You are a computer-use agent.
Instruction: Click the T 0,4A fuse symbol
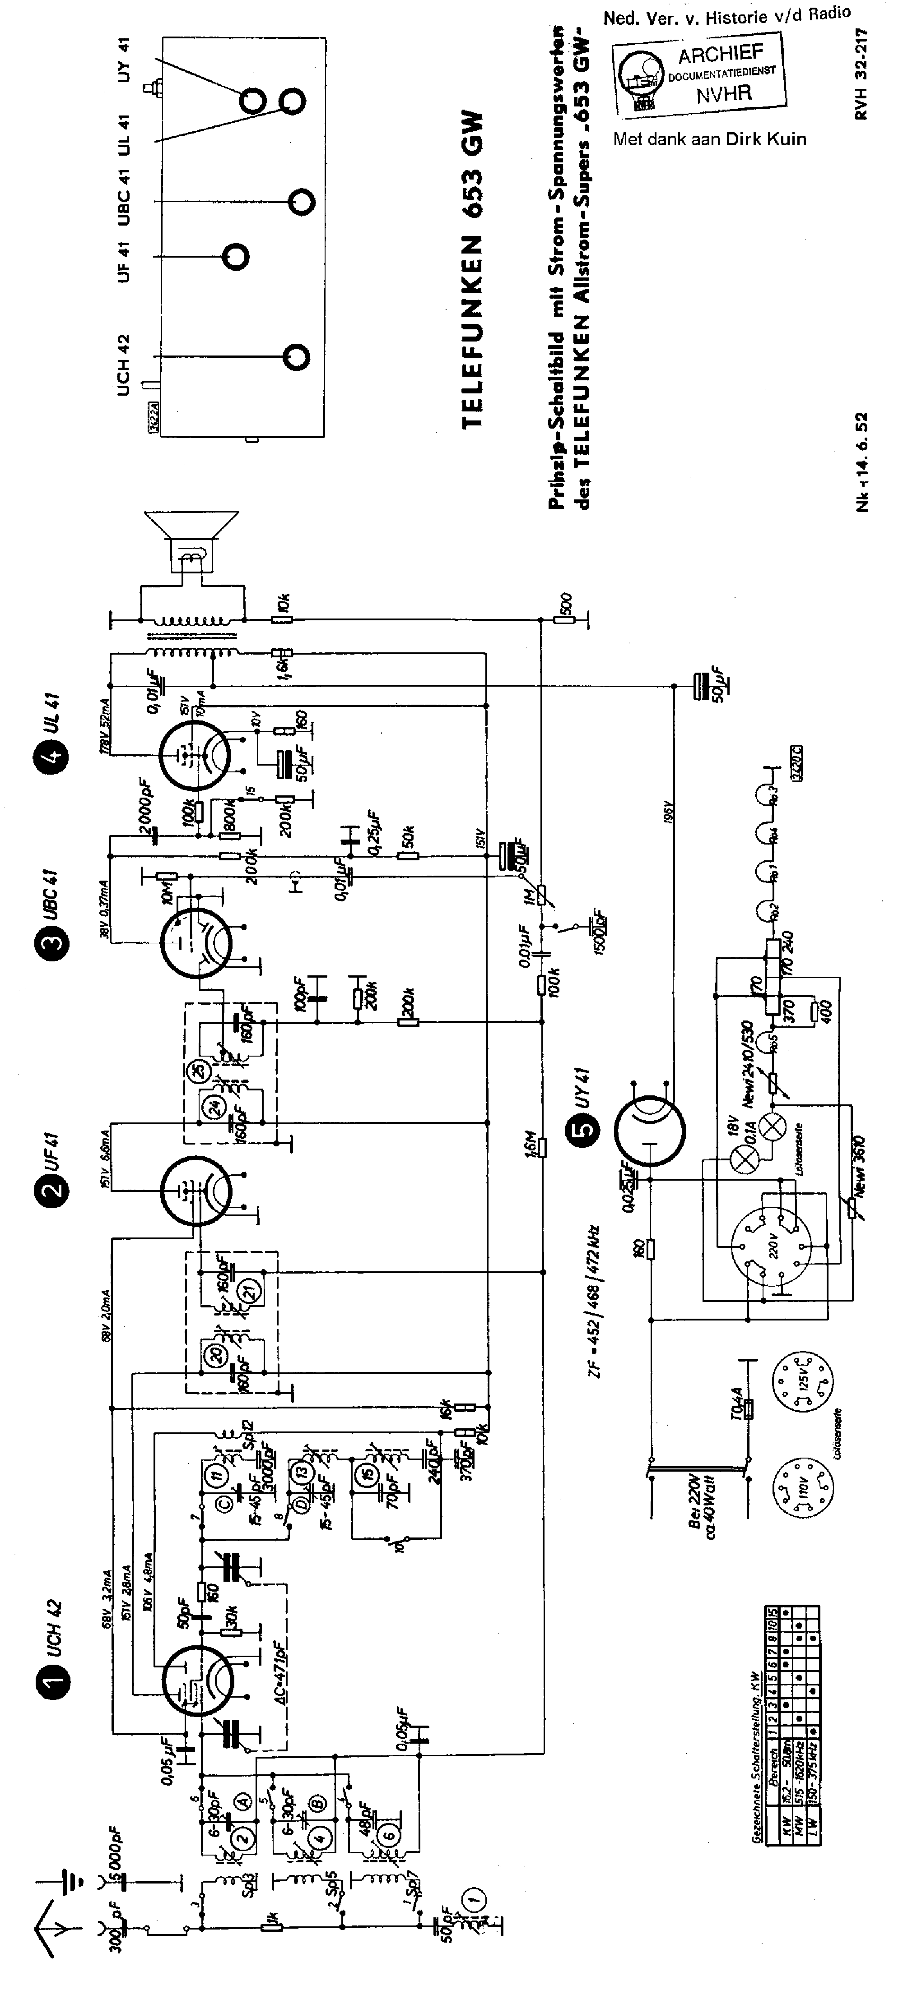tap(748, 1408)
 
